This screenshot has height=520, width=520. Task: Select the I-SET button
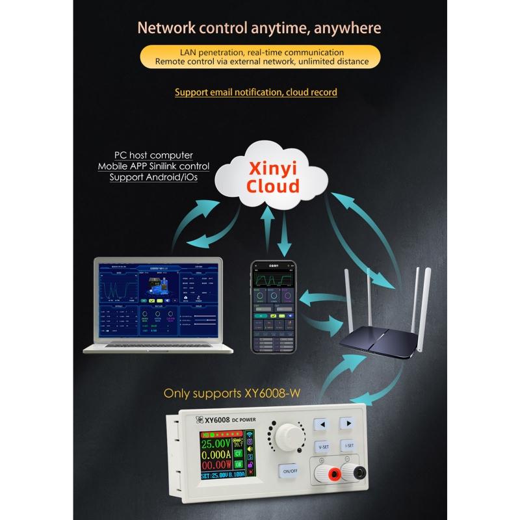click(x=349, y=446)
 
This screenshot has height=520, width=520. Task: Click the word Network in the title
click(x=165, y=29)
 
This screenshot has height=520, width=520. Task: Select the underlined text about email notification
click(x=255, y=92)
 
